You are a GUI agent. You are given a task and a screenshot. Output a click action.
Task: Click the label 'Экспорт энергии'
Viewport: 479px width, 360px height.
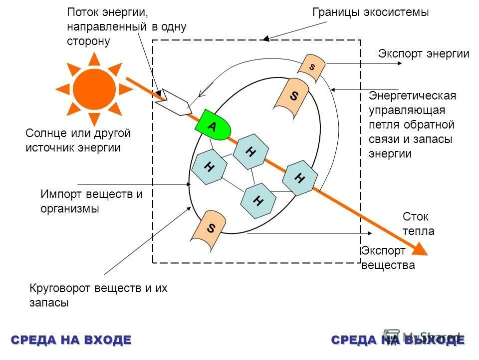pyautogui.click(x=424, y=54)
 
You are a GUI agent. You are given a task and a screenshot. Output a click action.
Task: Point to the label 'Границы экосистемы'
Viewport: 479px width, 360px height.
pyautogui.click(x=370, y=12)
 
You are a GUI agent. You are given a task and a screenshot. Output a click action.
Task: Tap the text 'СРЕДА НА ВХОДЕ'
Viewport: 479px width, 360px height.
pyautogui.click(x=71, y=340)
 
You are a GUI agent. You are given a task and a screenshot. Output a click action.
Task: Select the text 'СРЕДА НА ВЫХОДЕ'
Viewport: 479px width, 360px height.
pyautogui.click(x=398, y=340)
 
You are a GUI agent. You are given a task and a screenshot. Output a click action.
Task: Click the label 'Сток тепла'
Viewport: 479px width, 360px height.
pyautogui.click(x=418, y=224)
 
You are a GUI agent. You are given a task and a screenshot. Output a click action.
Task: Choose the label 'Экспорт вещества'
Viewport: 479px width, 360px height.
pyautogui.click(x=388, y=257)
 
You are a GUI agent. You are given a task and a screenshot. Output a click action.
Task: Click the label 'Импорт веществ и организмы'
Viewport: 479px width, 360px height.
pyautogui.click(x=91, y=201)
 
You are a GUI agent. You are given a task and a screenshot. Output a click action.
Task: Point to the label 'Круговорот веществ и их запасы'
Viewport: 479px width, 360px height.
pyautogui.click(x=98, y=295)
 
